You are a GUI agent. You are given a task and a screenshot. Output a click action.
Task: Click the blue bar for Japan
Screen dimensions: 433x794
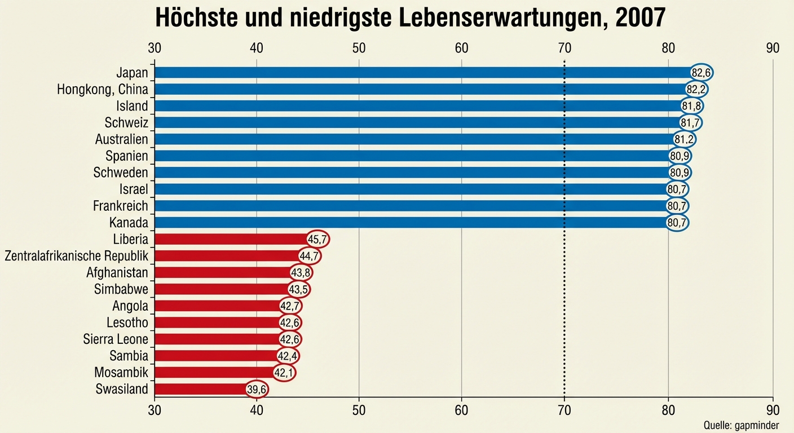pyautogui.click(x=423, y=72)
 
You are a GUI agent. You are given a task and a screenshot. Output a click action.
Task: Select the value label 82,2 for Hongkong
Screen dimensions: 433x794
pyautogui.click(x=696, y=89)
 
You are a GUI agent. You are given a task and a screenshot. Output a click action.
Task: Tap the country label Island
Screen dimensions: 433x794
pyautogui.click(x=133, y=106)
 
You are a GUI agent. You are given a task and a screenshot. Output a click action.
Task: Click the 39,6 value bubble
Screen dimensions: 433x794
pyautogui.click(x=257, y=389)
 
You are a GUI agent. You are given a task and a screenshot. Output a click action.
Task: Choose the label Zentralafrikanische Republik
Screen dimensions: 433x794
pyautogui.click(x=76, y=256)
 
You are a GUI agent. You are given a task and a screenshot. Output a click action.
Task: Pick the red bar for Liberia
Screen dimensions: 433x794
pyautogui.click(x=231, y=239)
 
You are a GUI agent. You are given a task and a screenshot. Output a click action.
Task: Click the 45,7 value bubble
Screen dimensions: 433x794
pyautogui.click(x=317, y=239)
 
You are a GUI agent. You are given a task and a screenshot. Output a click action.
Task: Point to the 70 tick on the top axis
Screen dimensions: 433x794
pyautogui.click(x=564, y=48)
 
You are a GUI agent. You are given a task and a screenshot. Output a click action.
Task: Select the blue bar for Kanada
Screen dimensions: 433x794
pyautogui.click(x=412, y=223)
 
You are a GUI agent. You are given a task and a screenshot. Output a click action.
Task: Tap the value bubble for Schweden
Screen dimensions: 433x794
pyautogui.click(x=680, y=173)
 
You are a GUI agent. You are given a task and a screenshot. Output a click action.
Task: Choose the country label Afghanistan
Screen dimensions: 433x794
pyautogui.click(x=117, y=273)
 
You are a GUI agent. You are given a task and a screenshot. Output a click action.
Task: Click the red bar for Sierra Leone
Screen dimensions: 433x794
pyautogui.click(x=217, y=339)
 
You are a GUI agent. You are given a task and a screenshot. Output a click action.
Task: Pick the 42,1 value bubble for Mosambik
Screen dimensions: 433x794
pyautogui.click(x=285, y=373)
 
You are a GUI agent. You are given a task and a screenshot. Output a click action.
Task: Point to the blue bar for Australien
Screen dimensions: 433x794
pyautogui.click(x=414, y=139)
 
